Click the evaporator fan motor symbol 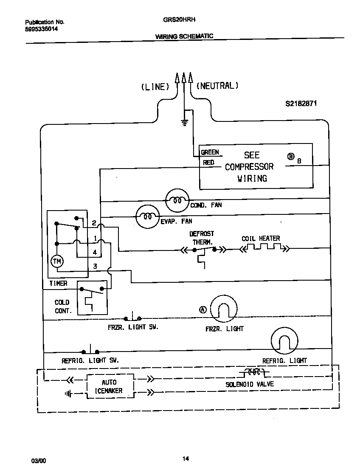[x=147, y=217]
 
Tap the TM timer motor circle [x=56, y=262]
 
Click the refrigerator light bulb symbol [x=284, y=340]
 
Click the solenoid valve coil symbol [x=254, y=372]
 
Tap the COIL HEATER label [x=261, y=239]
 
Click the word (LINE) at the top [x=155, y=87]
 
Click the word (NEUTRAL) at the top [x=217, y=86]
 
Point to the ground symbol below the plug [x=184, y=123]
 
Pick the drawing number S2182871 [x=301, y=103]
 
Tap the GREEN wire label [x=210, y=152]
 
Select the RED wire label [x=208, y=163]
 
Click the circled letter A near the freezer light [x=203, y=309]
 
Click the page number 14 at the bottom [x=186, y=459]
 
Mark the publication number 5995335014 [x=42, y=29]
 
